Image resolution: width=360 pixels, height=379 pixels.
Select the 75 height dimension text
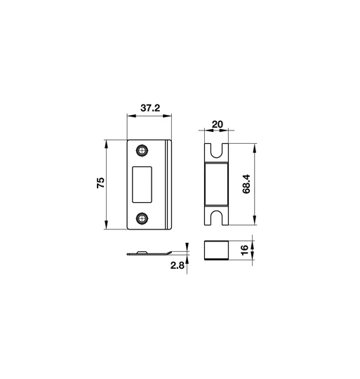(x=100, y=184)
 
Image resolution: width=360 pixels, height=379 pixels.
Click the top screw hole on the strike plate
(x=143, y=151)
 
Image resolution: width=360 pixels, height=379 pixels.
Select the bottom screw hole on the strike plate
(x=143, y=218)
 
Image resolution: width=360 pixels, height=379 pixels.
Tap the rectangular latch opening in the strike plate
(x=143, y=184)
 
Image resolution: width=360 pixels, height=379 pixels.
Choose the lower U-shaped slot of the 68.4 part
(x=217, y=218)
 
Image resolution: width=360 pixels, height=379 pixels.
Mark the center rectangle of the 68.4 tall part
(x=217, y=185)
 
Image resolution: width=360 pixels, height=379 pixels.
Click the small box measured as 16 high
(x=217, y=251)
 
